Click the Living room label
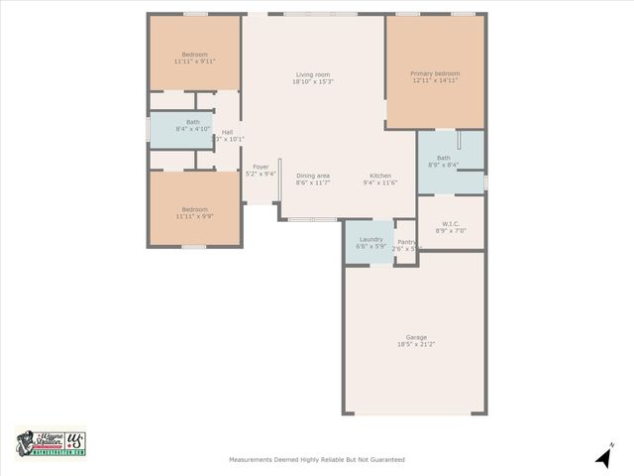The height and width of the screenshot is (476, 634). (313, 74)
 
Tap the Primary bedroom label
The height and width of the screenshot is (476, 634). (436, 73)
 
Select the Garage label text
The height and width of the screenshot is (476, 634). (416, 336)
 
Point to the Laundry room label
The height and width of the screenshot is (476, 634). (371, 239)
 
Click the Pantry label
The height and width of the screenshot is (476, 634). (406, 241)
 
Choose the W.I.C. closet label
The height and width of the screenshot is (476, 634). (451, 223)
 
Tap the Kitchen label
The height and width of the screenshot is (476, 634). (380, 176)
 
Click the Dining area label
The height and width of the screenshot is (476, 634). (313, 176)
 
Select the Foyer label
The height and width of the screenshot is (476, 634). (261, 167)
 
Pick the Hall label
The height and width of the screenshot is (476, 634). (228, 132)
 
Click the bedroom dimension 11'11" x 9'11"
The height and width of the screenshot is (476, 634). (194, 60)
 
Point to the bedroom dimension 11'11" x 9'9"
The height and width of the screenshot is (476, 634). (194, 216)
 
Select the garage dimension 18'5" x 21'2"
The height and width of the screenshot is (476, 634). (416, 344)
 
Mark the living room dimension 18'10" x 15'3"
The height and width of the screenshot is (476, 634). (313, 82)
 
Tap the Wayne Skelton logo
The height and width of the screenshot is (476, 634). (51, 443)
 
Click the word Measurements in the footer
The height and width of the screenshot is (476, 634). (252, 459)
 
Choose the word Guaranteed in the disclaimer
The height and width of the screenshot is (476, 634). (384, 459)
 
